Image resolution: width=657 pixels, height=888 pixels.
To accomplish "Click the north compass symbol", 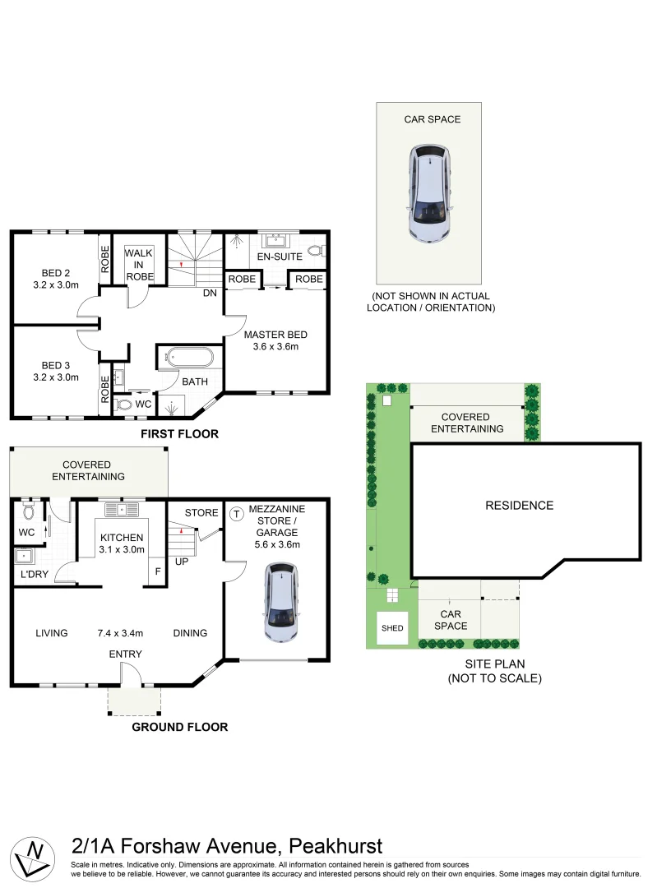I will point(34,856).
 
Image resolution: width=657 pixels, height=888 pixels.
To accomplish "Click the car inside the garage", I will point(280,603).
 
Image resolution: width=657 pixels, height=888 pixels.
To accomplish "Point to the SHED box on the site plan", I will point(392,628).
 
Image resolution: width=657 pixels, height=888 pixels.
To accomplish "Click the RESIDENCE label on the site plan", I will point(519,506).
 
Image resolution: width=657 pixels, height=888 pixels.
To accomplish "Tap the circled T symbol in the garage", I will point(237,514).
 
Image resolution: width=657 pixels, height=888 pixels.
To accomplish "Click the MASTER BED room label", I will point(275,340).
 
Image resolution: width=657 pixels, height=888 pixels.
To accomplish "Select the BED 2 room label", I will point(56,280).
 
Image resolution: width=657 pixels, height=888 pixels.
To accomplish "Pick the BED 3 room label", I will point(56,372).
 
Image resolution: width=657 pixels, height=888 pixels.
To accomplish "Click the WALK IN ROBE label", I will point(139,265).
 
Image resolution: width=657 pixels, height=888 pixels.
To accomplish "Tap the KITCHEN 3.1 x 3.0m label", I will point(123,543).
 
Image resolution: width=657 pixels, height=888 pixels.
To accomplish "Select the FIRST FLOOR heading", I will point(179,433).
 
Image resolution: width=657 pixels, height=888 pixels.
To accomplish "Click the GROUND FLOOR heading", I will point(180,727).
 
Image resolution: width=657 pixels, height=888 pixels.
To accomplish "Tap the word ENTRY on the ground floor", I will point(125,654).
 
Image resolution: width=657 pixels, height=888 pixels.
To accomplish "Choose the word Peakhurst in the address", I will point(335,846).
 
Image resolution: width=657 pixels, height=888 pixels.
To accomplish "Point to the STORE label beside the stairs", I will point(201,513).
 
